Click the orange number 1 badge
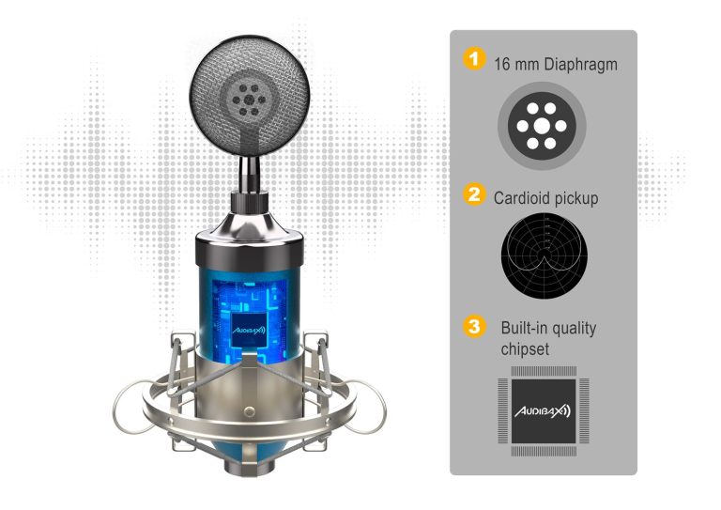click(x=474, y=59)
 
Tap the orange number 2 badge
click(x=474, y=194)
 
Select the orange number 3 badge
click(x=474, y=327)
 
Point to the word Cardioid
click(x=522, y=198)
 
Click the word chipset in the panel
click(x=525, y=349)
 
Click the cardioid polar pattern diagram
click(x=544, y=255)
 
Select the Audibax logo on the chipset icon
click(x=543, y=411)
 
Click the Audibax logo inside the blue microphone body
click(x=248, y=331)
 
